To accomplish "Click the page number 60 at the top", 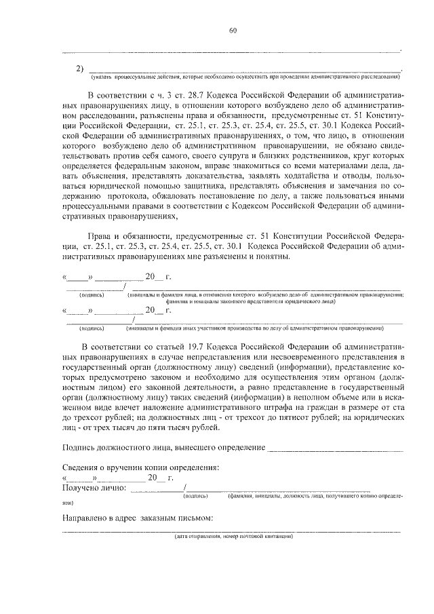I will pyautogui.click(x=233, y=30).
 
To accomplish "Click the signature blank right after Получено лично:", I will pyautogui.click(x=157, y=488).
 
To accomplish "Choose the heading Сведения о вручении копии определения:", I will pyautogui.click(x=141, y=467).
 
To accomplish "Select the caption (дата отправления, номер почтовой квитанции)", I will pyautogui.click(x=233, y=537).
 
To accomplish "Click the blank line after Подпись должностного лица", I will pyautogui.click(x=335, y=448).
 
